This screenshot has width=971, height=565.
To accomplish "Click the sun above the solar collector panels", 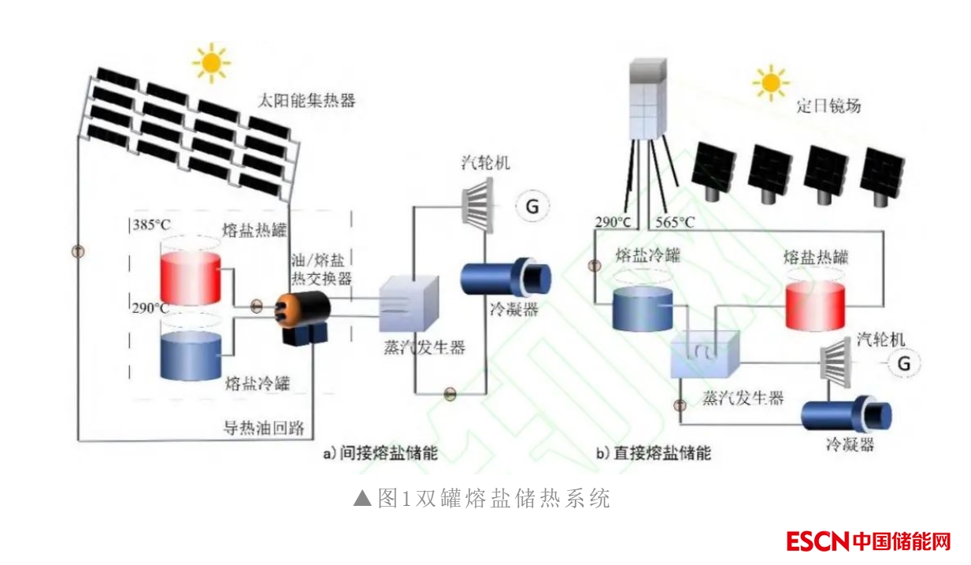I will point(211,62).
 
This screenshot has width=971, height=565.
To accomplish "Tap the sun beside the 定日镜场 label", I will point(770,81).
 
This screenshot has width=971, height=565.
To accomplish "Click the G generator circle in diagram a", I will point(532,206).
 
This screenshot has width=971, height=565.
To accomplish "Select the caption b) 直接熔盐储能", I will point(653,453).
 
